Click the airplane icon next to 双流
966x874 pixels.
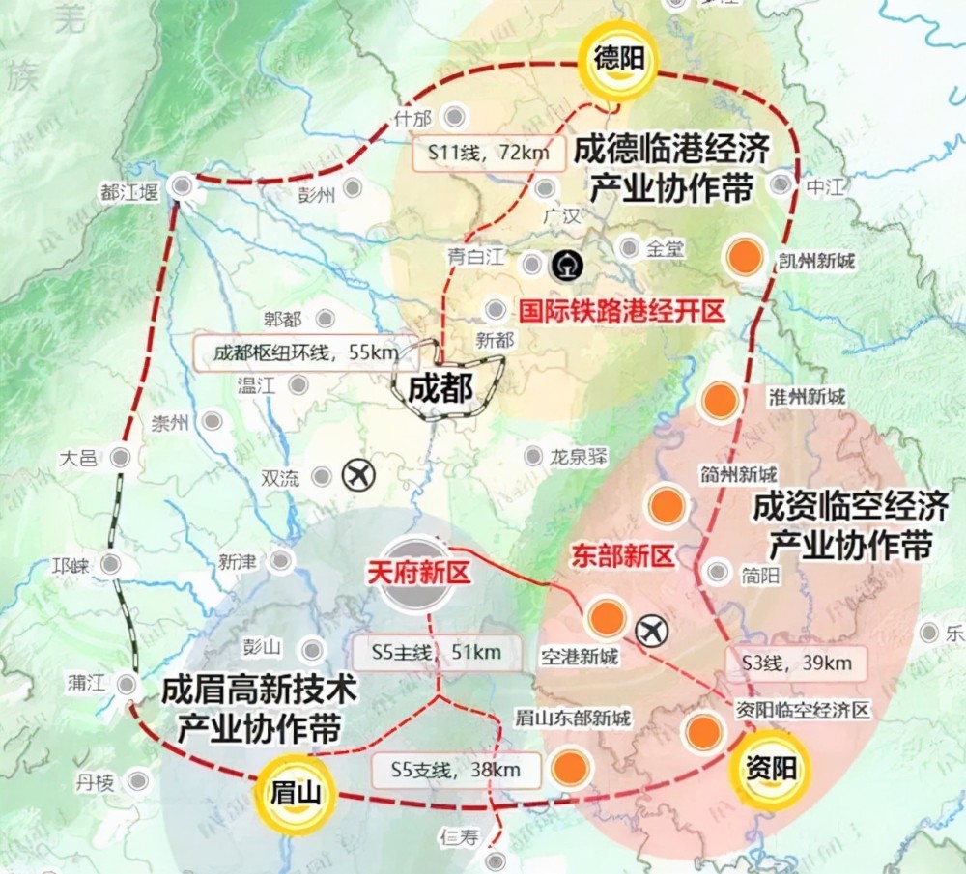pos(356,474)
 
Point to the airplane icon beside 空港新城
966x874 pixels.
pos(654,631)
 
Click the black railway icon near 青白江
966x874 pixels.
pos(563,263)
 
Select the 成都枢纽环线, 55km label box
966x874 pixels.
pos(296,352)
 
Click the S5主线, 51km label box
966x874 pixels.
pos(436,653)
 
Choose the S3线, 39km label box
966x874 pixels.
pos(796,663)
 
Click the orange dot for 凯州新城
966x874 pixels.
pos(746,257)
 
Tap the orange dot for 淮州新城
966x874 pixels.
pos(720,401)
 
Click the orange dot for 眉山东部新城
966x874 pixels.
pos(571,768)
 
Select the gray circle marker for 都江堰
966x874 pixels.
pos(181,186)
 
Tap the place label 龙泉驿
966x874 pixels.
pos(579,457)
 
